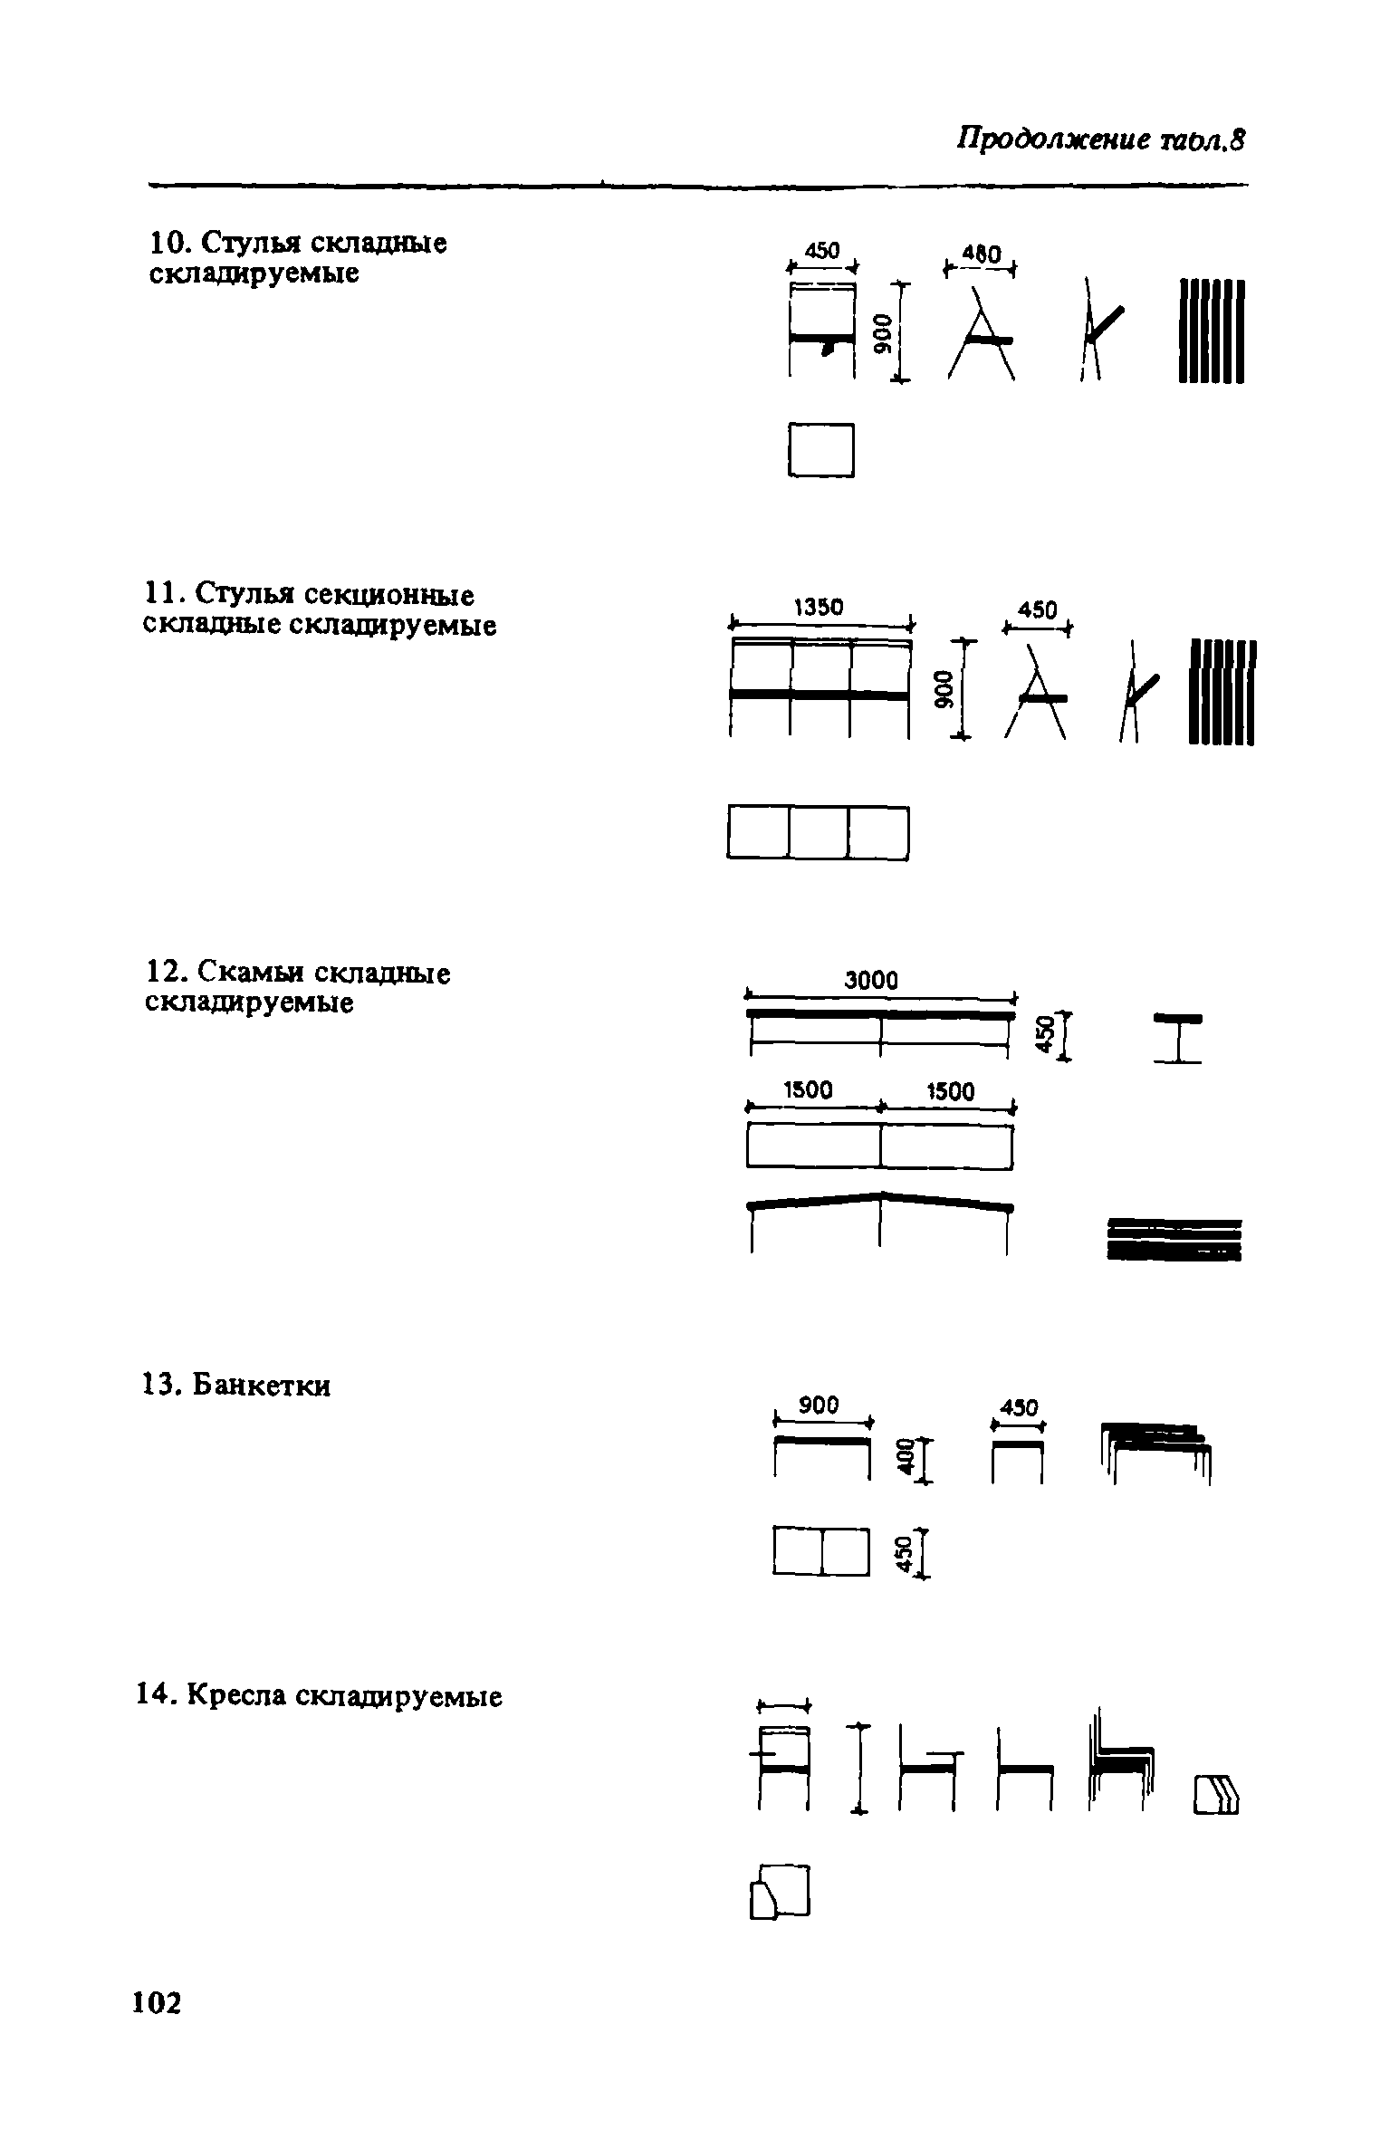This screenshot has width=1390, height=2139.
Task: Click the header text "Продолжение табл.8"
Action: [x=1101, y=140]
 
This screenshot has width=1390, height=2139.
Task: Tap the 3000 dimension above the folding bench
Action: [x=871, y=980]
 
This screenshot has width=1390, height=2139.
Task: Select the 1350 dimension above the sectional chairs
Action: [x=818, y=607]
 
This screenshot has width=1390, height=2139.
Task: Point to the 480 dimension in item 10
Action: [x=981, y=255]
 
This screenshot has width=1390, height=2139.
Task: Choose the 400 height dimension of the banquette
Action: [x=903, y=1457]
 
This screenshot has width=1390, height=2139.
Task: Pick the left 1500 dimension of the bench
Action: [x=808, y=1090]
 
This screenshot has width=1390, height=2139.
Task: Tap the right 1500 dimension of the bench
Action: [x=951, y=1092]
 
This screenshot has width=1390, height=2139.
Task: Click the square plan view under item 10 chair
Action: [x=821, y=449]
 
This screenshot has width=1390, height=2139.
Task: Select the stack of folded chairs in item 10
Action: [x=1212, y=331]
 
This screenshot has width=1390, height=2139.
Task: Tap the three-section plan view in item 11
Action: [x=817, y=832]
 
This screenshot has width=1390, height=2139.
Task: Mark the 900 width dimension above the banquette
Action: [x=820, y=1405]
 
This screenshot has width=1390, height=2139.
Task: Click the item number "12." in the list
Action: [x=166, y=974]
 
